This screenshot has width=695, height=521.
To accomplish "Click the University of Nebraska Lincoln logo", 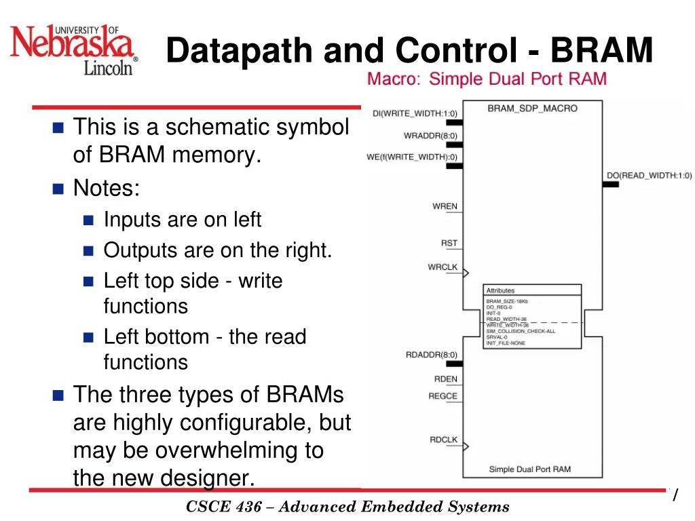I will click(x=74, y=50).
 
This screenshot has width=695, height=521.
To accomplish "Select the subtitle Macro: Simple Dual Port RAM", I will click(x=487, y=79).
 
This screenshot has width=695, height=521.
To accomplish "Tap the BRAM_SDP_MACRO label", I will click(x=532, y=108).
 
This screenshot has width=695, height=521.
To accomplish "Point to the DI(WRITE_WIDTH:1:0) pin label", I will click(x=415, y=113).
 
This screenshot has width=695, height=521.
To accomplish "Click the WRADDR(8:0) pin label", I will click(x=430, y=135).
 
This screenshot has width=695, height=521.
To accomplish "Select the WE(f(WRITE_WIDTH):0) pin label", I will click(x=412, y=157).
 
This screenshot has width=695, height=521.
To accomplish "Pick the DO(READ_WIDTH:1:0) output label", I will click(x=649, y=175).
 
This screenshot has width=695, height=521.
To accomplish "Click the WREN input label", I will click(x=445, y=206).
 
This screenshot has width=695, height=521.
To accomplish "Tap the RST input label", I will click(x=449, y=243).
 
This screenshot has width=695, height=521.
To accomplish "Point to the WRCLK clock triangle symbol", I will click(x=466, y=273).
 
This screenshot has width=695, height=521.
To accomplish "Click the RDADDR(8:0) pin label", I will click(x=431, y=354).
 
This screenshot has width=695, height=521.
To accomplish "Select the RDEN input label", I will click(x=446, y=379).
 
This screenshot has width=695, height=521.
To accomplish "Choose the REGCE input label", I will click(x=443, y=396).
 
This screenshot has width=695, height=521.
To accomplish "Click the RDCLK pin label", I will click(x=443, y=440).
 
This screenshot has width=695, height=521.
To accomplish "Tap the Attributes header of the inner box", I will click(x=500, y=290).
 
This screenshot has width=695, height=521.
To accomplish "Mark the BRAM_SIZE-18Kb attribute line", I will click(x=506, y=301).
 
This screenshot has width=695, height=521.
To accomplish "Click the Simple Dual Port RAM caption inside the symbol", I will click(x=529, y=469).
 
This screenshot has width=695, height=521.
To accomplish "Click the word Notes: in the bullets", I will click(x=107, y=187).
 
